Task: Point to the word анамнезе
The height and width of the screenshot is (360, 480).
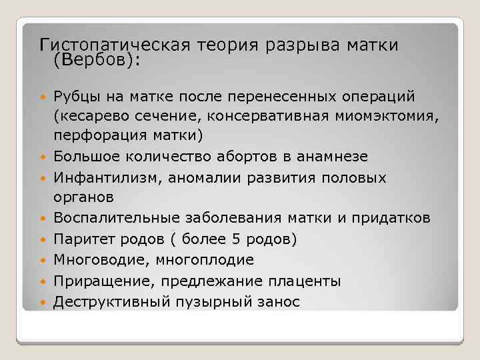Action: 339,156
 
